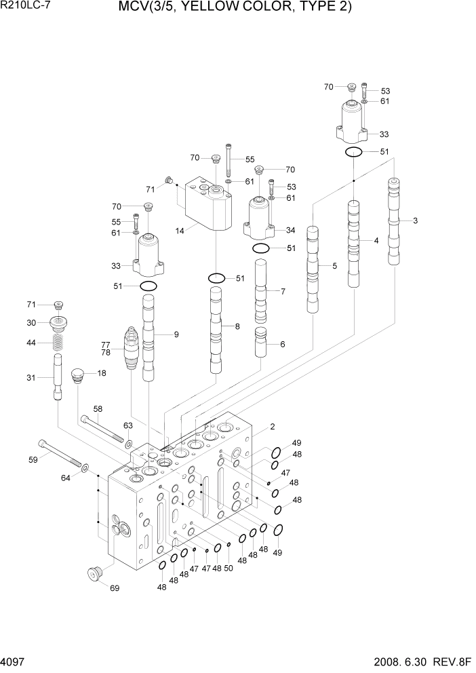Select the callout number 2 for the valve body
coord(271,427)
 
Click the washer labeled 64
coord(85,467)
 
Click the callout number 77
coord(106,344)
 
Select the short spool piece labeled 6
coord(261,343)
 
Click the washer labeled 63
coord(128,444)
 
